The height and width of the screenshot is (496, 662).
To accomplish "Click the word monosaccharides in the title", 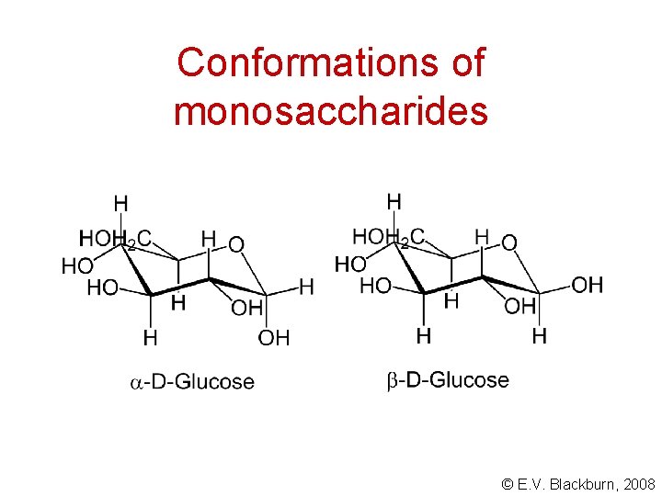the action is (x=330, y=111).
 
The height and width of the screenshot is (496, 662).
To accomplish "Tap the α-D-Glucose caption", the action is (x=189, y=381).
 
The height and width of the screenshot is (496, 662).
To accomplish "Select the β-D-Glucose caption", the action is (x=447, y=379).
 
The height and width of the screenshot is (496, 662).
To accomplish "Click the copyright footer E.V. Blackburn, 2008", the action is (x=579, y=483).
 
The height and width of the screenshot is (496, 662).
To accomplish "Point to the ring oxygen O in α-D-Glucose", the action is (x=236, y=244).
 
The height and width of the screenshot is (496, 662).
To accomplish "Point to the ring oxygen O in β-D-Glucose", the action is (x=508, y=242).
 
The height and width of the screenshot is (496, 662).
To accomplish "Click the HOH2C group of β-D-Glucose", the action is (x=389, y=238).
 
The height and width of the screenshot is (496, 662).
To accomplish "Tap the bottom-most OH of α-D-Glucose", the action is (x=274, y=339).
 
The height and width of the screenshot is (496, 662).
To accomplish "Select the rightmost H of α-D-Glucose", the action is (x=306, y=287).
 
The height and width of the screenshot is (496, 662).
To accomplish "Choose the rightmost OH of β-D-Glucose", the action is (x=588, y=286).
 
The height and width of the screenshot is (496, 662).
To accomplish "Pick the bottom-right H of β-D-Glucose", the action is (x=540, y=336).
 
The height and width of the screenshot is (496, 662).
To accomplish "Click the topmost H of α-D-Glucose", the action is (x=120, y=203).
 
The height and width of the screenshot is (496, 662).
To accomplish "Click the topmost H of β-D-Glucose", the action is (x=394, y=201).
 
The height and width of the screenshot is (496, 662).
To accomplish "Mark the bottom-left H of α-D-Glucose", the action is (x=150, y=339).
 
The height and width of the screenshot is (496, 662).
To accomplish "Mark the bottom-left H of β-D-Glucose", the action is (x=423, y=336).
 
